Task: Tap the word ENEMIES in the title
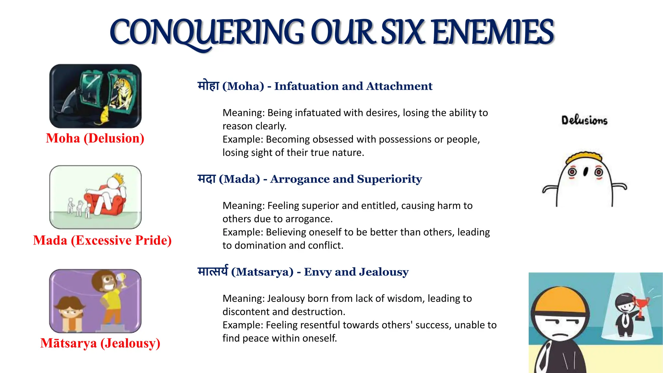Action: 493,32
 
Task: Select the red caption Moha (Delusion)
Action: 95,138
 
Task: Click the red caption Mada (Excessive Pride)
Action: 102,240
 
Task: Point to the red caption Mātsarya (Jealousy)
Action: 100,343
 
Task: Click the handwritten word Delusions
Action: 584,120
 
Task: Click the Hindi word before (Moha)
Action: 208,86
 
